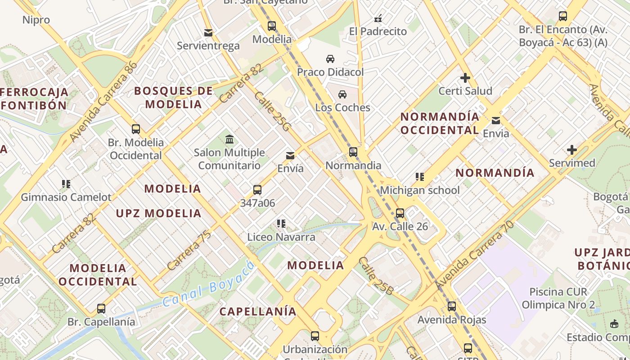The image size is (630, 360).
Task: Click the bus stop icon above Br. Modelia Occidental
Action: click(136, 129)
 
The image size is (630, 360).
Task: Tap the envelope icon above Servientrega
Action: click(208, 33)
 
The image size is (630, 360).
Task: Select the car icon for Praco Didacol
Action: click(330, 59)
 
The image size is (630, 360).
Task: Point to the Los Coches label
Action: click(342, 108)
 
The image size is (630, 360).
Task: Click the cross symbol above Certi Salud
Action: click(465, 78)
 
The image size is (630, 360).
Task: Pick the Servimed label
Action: click(571, 163)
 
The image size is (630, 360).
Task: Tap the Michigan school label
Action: click(420, 190)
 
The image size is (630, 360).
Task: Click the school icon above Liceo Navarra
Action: click(281, 224)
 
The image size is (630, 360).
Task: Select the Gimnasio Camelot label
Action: click(66, 197)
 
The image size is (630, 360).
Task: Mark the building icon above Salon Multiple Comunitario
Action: click(229, 139)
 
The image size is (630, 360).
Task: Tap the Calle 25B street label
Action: click(375, 276)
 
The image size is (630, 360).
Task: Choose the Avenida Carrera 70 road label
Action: click(475, 255)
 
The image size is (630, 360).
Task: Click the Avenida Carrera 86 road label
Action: click(103, 101)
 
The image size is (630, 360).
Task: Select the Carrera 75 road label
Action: click(189, 250)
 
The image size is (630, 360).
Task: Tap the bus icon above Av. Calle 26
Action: click(400, 213)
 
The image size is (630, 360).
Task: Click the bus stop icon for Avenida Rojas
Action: click(452, 306)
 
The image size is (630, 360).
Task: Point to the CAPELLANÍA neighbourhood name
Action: click(258, 311)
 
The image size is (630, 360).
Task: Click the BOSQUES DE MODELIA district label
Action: click(173, 97)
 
